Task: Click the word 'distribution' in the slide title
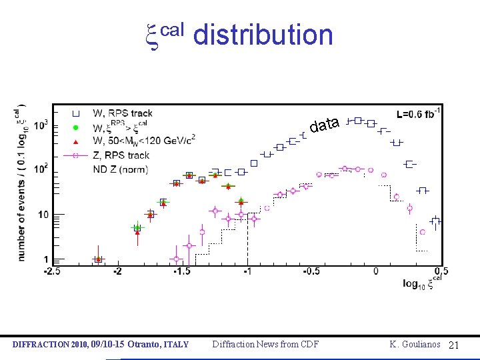point(263,35)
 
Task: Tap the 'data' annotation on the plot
point(325,125)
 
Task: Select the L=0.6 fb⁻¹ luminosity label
point(417,114)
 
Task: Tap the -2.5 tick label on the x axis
point(53,271)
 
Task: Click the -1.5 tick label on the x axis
point(182,271)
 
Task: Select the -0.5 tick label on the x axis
point(311,271)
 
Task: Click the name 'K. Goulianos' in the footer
point(415,344)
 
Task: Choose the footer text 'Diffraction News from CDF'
point(265,344)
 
